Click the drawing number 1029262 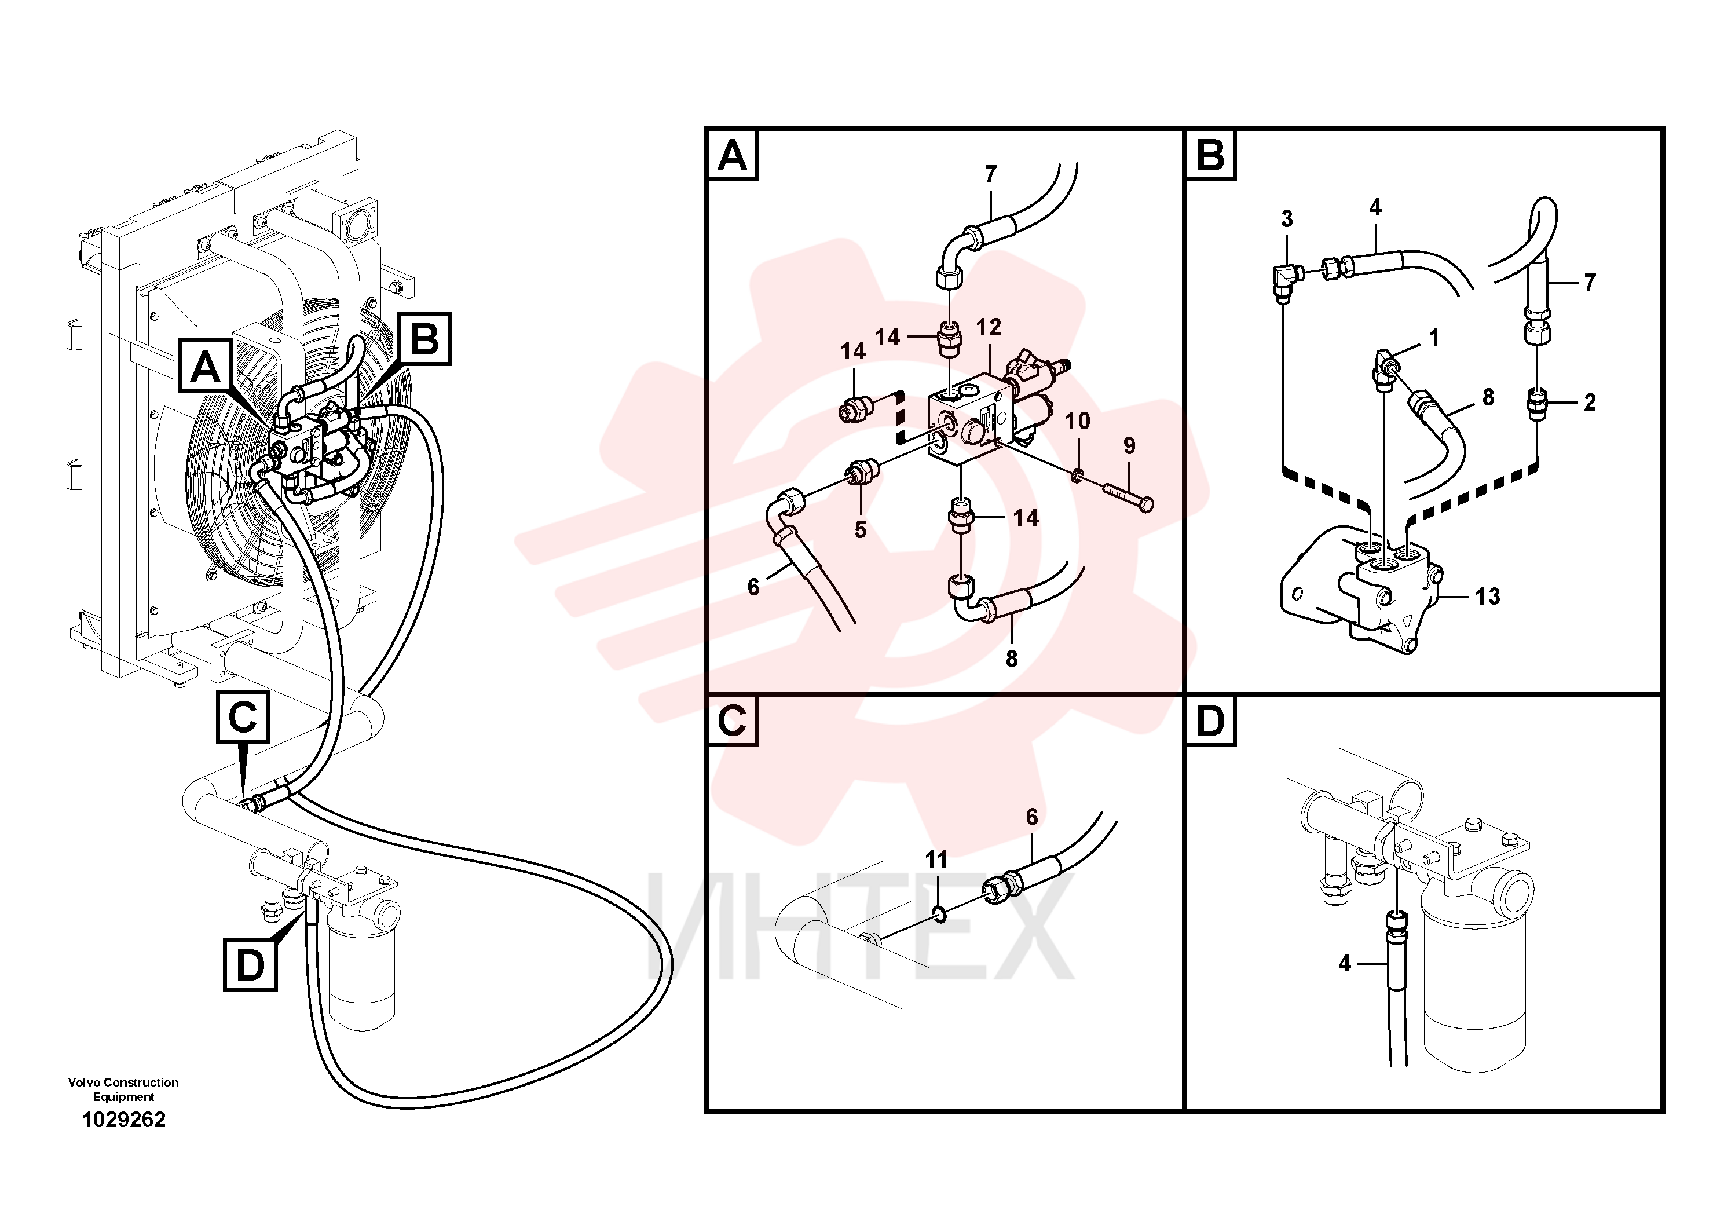[124, 1120]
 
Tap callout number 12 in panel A [989, 327]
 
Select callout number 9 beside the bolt [1129, 446]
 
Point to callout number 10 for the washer [1078, 420]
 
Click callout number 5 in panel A [861, 529]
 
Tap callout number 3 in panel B [1287, 220]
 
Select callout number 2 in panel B [1590, 403]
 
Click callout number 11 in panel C [936, 859]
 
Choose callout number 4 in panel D [1344, 963]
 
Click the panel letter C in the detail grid [732, 721]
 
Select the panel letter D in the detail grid [1210, 721]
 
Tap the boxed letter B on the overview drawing [425, 339]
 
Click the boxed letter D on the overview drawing [251, 965]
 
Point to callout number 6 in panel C [1032, 817]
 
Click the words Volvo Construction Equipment [124, 1089]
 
